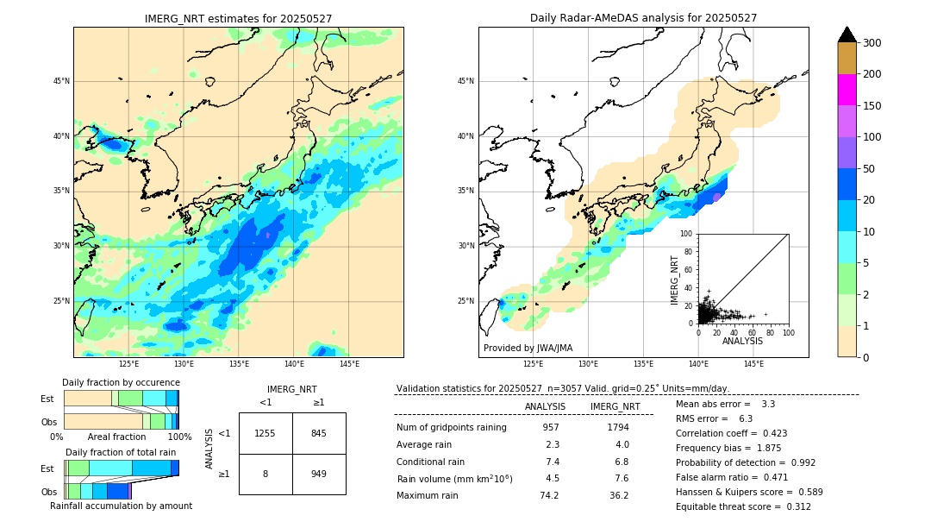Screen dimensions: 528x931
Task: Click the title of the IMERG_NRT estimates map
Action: tap(238, 18)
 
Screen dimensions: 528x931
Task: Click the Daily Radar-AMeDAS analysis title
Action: tap(643, 18)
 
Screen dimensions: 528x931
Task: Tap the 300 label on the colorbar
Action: tap(872, 43)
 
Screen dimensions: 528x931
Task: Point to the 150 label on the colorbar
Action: tap(872, 106)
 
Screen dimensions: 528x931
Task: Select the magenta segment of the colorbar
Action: tap(847, 90)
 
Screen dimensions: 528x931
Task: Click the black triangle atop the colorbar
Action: tap(847, 35)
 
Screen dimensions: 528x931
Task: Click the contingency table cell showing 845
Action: tap(319, 433)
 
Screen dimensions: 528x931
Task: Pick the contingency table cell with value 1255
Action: tap(266, 433)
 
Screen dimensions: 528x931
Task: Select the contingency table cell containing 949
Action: tap(319, 474)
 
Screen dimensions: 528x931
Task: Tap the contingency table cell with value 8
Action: tap(266, 474)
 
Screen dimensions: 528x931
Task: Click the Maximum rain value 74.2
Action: tap(549, 495)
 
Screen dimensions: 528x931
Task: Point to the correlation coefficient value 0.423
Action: tap(769, 433)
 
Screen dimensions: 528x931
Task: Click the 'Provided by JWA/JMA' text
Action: tap(528, 349)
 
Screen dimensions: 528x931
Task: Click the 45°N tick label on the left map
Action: tap(61, 81)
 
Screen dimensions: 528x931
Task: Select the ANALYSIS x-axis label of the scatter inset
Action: tap(742, 342)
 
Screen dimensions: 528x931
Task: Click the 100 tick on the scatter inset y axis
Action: tap(688, 234)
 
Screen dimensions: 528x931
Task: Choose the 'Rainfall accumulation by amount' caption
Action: tap(121, 506)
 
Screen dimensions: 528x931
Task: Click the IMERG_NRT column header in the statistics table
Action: tap(615, 406)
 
